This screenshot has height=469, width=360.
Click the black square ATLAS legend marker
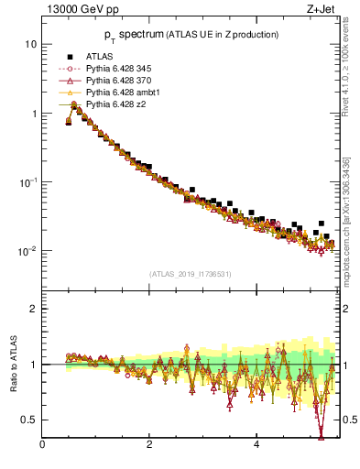tap(69, 57)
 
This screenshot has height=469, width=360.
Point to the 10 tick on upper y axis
tap(30, 44)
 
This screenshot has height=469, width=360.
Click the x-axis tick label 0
tap(42, 446)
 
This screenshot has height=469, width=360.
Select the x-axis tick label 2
tap(149, 446)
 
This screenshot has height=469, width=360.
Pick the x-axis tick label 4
tap(256, 446)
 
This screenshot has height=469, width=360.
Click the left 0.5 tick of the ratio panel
tap(29, 420)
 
